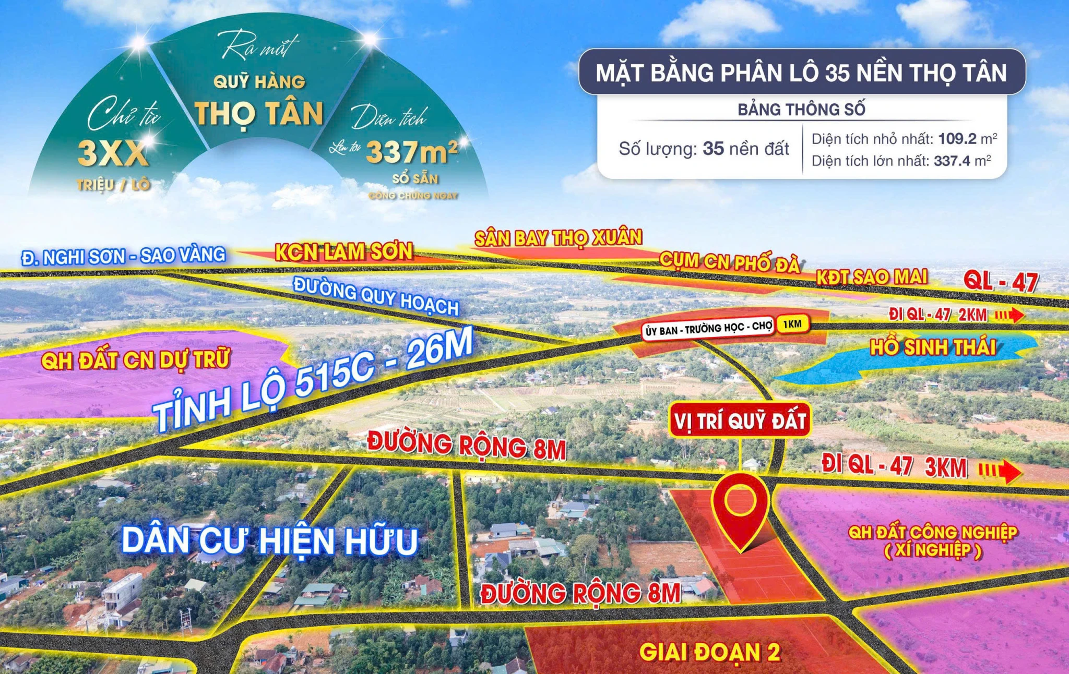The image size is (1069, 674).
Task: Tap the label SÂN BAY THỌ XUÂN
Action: tap(558, 238)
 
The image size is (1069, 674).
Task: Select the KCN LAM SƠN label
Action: tap(344, 252)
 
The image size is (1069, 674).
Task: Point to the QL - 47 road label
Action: tap(1001, 281)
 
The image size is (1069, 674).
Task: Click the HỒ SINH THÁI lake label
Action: tap(932, 347)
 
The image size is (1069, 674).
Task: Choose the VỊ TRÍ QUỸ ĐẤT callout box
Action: tap(740, 420)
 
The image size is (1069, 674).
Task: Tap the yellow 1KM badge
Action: tap(792, 324)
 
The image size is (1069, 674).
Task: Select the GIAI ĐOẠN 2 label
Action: tap(709, 652)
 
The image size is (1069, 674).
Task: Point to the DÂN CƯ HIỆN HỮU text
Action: tap(270, 541)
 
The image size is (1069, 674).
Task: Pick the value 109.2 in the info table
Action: tap(957, 139)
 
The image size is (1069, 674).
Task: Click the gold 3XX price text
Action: tap(113, 153)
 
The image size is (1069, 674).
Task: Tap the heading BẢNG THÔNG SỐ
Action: tap(801, 110)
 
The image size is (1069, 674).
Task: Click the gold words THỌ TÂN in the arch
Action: tap(259, 114)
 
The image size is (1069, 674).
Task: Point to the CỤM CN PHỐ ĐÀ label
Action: tap(729, 262)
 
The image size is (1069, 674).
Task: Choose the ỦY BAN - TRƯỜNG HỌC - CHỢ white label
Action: tap(708, 329)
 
